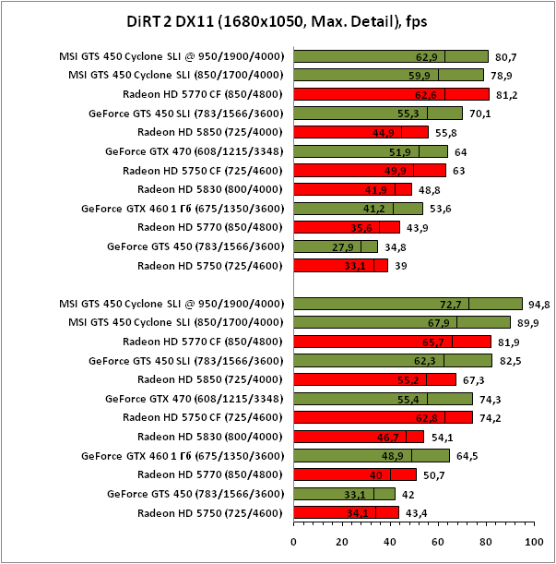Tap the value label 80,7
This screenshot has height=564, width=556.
pos(505,56)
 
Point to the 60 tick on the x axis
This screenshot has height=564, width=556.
pos(438,542)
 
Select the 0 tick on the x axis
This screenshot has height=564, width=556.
pos(294,542)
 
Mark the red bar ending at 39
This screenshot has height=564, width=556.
pos(340,266)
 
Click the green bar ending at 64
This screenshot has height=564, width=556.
pos(371,151)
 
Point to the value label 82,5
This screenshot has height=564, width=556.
pos(510,361)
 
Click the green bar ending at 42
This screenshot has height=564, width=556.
pos(344,494)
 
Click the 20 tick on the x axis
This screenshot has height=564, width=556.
pos(342,542)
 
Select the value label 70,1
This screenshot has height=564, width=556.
pos(479,114)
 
